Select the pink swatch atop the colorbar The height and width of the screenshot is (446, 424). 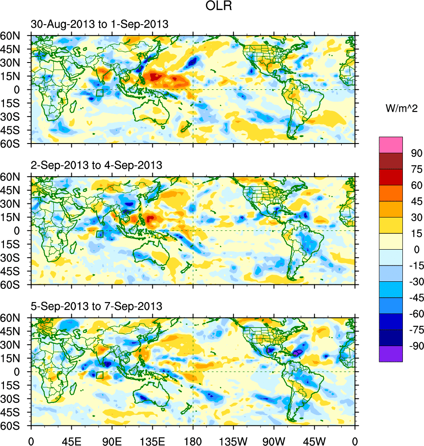[391, 144]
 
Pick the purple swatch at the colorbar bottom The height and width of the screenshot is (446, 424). [391, 354]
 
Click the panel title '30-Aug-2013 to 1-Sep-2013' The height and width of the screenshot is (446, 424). [100, 25]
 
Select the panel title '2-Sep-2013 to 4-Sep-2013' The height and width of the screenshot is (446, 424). [97, 166]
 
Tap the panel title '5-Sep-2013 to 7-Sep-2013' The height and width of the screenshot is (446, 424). [97, 306]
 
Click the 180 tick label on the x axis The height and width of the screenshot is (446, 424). [193, 441]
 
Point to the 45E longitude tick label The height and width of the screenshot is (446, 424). [71, 441]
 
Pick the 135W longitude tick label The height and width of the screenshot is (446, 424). [233, 441]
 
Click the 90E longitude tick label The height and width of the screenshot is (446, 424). [112, 441]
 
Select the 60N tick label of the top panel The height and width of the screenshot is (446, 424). [14, 36]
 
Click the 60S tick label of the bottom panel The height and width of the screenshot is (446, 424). [14, 426]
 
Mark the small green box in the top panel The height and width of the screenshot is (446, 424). [100, 93]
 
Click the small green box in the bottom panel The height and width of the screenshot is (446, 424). [100, 375]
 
